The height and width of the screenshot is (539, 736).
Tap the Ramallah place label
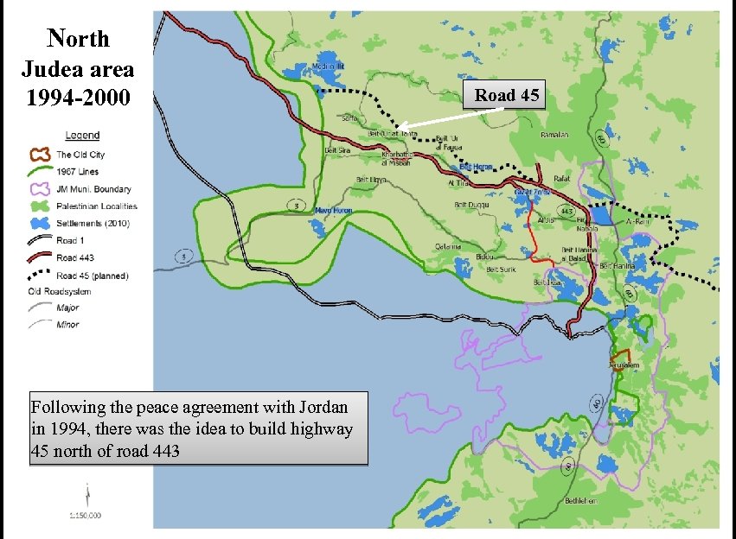(x=554, y=135)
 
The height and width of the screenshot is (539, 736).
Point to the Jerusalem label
(x=623, y=366)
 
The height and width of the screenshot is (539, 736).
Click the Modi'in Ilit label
(x=329, y=66)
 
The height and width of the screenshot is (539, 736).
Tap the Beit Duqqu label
(x=471, y=205)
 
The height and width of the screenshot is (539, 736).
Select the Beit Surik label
(x=501, y=269)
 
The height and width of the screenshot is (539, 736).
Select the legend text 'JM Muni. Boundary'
(x=94, y=189)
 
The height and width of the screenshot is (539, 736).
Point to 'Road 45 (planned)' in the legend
(x=93, y=276)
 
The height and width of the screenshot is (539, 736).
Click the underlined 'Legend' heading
(x=82, y=135)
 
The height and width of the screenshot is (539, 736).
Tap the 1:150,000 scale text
(x=86, y=516)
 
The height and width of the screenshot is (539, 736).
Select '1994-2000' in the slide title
(x=79, y=96)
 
